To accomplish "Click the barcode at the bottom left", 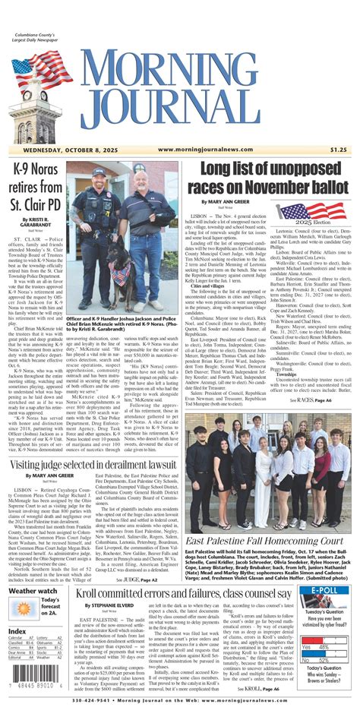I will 31,687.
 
